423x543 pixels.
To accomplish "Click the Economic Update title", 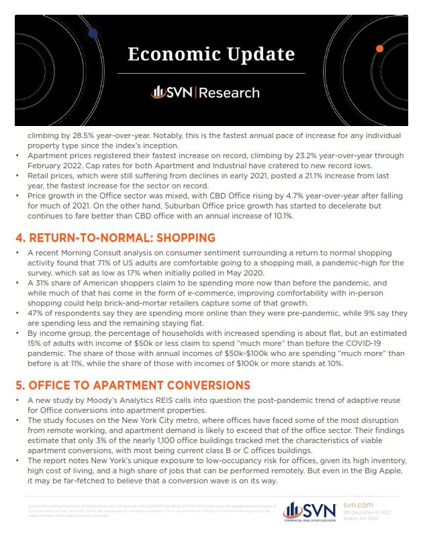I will [211, 54].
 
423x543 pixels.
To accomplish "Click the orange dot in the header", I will [379, 49].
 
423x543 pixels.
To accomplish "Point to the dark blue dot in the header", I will [93, 32].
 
